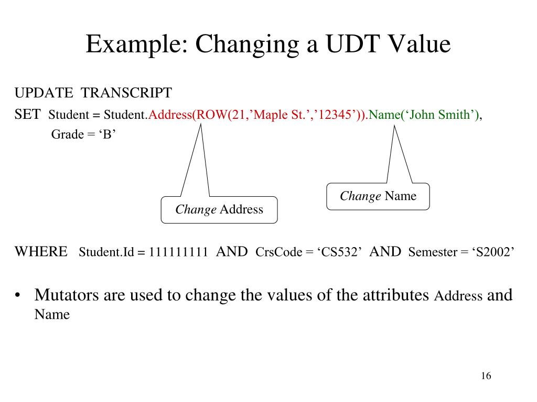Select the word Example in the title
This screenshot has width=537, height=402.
point(133,44)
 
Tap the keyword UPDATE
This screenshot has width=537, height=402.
point(44,93)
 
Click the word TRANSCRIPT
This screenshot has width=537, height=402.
point(126,93)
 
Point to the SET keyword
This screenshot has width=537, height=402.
point(27,115)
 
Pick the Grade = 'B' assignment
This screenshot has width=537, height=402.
point(83,135)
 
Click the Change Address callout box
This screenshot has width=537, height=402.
point(219,210)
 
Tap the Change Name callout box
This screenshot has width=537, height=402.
point(378,196)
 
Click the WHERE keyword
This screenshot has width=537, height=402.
point(41,252)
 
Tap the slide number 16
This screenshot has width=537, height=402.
point(485,376)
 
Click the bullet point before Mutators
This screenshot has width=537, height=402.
point(18,296)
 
